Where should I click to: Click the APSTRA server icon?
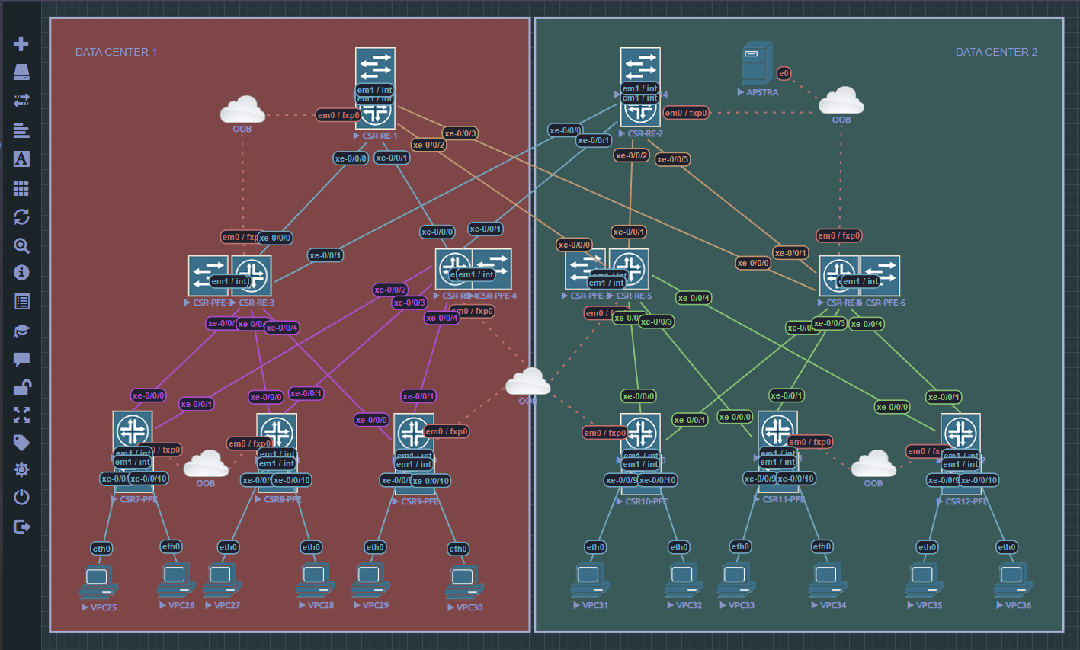pyautogui.click(x=757, y=63)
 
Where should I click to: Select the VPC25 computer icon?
pyautogui.click(x=98, y=581)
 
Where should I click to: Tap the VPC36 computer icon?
pyautogui.click(x=1013, y=580)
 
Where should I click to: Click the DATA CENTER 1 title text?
pyautogui.click(x=116, y=52)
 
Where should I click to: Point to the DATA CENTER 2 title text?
pyautogui.click(x=996, y=52)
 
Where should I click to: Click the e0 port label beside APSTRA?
pyautogui.click(x=784, y=73)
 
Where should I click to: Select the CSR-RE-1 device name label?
pyautogui.click(x=380, y=136)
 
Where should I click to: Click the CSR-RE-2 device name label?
pyautogui.click(x=645, y=133)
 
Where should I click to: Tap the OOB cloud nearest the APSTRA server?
pyautogui.click(x=841, y=101)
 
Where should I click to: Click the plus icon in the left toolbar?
pyautogui.click(x=21, y=43)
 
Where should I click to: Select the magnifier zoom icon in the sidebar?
pyautogui.click(x=21, y=245)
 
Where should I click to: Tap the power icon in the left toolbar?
pyautogui.click(x=21, y=498)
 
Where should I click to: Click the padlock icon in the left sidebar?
pyautogui.click(x=21, y=388)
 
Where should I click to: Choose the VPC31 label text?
pyautogui.click(x=594, y=605)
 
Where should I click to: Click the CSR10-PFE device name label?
pyautogui.click(x=646, y=501)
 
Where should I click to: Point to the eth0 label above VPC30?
pyautogui.click(x=458, y=549)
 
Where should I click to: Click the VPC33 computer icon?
pyautogui.click(x=736, y=579)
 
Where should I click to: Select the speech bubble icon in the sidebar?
pyautogui.click(x=21, y=360)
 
